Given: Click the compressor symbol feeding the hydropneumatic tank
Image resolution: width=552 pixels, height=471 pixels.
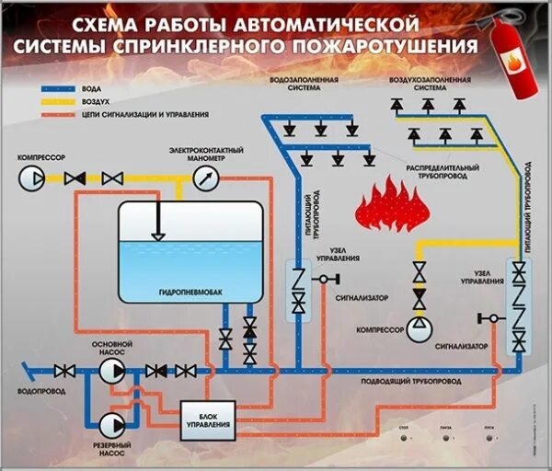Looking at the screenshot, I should click(31, 178).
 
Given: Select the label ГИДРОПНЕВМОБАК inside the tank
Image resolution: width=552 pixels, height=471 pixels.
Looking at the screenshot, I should click(191, 292).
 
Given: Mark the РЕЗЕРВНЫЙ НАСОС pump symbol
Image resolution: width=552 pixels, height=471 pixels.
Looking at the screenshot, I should click(113, 424).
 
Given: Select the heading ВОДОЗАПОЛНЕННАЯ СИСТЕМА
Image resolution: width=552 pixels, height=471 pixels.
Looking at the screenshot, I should click(305, 85).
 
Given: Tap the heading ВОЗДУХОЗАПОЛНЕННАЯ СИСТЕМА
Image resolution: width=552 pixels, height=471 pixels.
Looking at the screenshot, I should click(436, 85).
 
